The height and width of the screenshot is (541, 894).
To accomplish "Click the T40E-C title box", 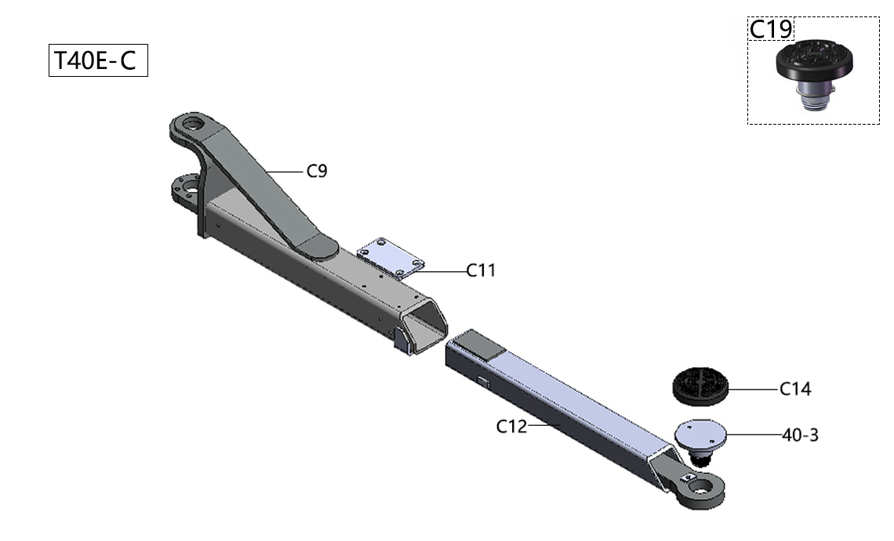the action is [98, 60].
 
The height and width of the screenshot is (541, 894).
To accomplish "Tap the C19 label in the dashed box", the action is [771, 29].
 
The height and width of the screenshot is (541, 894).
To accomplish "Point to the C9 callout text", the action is [317, 171].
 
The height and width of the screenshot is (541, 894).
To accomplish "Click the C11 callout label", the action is [481, 270].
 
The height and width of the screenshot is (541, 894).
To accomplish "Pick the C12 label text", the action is [511, 426].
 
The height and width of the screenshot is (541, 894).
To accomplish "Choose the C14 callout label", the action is [794, 389].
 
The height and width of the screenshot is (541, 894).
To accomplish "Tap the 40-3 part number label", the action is [800, 435].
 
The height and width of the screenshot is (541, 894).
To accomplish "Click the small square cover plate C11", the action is [391, 258].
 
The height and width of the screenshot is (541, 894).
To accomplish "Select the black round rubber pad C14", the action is [700, 387].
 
